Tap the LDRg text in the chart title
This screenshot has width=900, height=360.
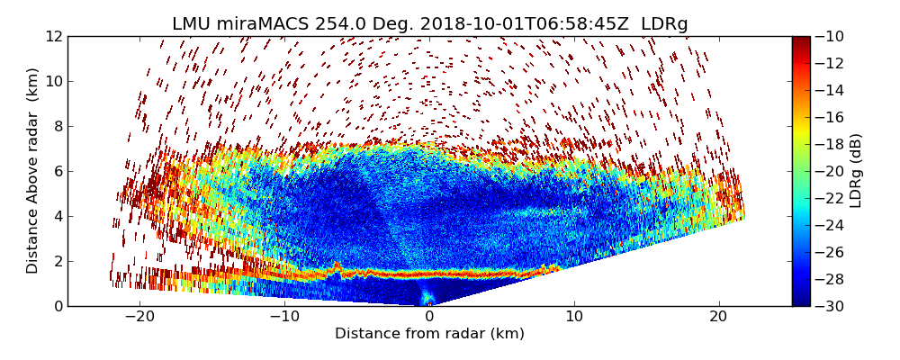point(664,24)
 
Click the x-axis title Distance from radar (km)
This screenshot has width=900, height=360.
point(429,334)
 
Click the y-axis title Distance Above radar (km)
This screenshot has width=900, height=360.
point(33,171)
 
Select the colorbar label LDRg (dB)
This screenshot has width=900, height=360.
point(856,171)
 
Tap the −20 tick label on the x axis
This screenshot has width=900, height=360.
point(139,317)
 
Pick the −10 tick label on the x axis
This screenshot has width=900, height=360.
point(284,317)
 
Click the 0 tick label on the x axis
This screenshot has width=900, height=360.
point(429,317)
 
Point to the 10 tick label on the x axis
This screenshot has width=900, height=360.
point(574,317)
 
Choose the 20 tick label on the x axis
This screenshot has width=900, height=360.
point(718,317)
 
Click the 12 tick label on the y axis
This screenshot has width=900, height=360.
point(54,36)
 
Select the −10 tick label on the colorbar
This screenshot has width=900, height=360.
point(831,36)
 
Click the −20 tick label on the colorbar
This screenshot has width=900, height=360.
point(831,171)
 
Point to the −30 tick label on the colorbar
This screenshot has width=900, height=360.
point(831,306)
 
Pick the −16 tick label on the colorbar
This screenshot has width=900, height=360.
point(831,117)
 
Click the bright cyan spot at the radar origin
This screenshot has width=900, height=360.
point(427,298)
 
